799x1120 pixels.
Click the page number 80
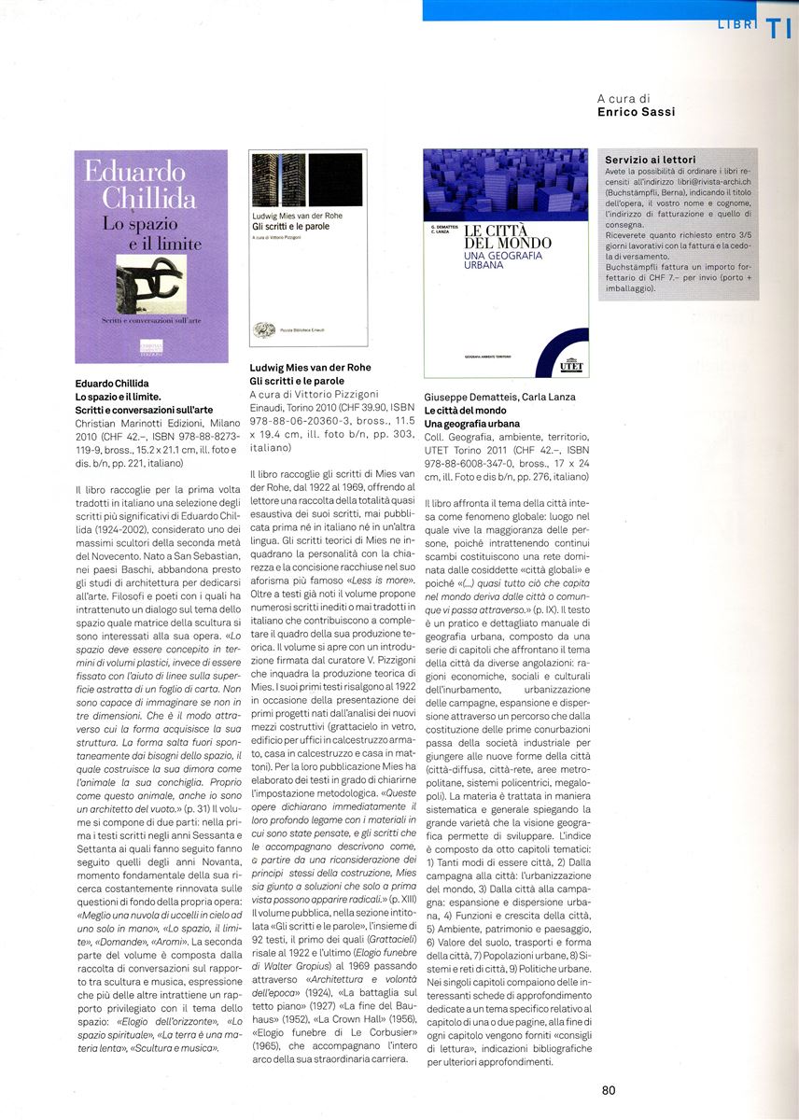click(x=609, y=1089)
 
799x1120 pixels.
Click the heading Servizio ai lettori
click(x=650, y=160)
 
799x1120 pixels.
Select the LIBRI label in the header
click(x=736, y=25)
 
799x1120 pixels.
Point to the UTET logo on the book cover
click(x=570, y=365)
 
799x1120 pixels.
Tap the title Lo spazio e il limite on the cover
click(x=152, y=232)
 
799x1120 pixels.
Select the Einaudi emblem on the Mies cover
click(x=264, y=329)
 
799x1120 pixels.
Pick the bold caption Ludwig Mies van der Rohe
click(x=310, y=368)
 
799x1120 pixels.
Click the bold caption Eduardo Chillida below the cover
click(x=112, y=384)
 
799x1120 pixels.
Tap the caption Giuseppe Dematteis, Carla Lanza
click(x=499, y=397)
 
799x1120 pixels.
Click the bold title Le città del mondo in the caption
click(x=465, y=410)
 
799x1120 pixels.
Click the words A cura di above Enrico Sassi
click(x=624, y=98)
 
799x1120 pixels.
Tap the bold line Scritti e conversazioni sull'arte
click(x=144, y=410)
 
